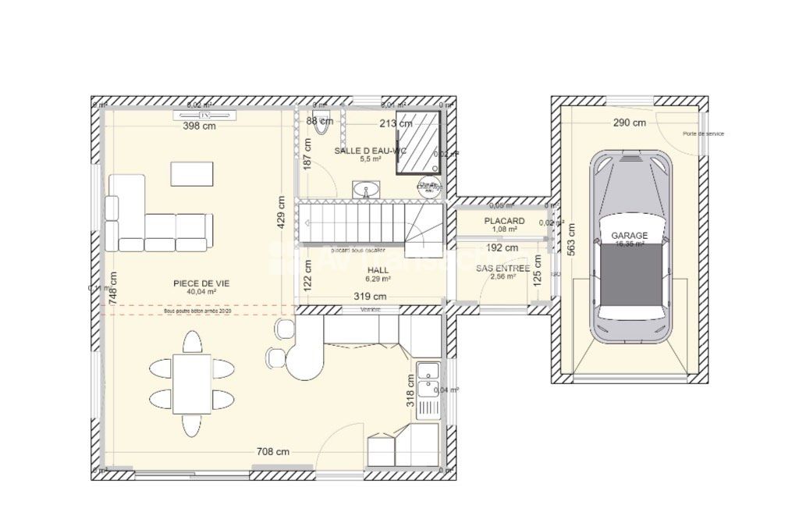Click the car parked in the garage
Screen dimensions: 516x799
tap(630, 247)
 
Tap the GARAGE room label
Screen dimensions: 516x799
tap(629, 235)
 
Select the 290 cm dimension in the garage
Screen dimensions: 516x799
tap(629, 123)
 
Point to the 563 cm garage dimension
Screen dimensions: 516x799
tap(571, 240)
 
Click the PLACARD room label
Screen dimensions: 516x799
tap(504, 221)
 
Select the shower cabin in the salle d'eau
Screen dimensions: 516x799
tap(418, 141)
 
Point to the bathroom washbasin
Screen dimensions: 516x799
tap(366, 190)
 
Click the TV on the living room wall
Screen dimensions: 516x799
tap(205, 116)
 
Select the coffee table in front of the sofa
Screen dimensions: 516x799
tap(192, 173)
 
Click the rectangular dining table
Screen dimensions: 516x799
tap(192, 383)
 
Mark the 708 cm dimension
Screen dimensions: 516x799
tap(273, 451)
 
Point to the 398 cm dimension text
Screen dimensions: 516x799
tap(199, 126)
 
